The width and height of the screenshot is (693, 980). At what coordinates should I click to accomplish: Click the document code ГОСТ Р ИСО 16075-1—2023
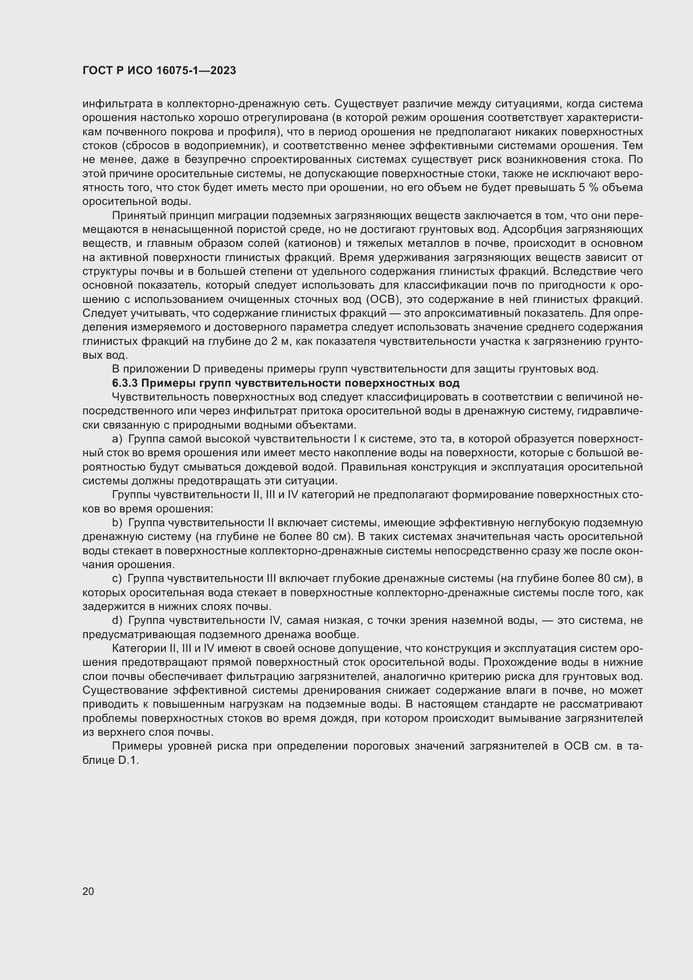point(159,71)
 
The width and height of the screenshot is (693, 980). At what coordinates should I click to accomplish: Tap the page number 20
point(88,892)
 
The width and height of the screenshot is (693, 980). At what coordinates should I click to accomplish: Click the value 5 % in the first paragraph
point(588,188)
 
